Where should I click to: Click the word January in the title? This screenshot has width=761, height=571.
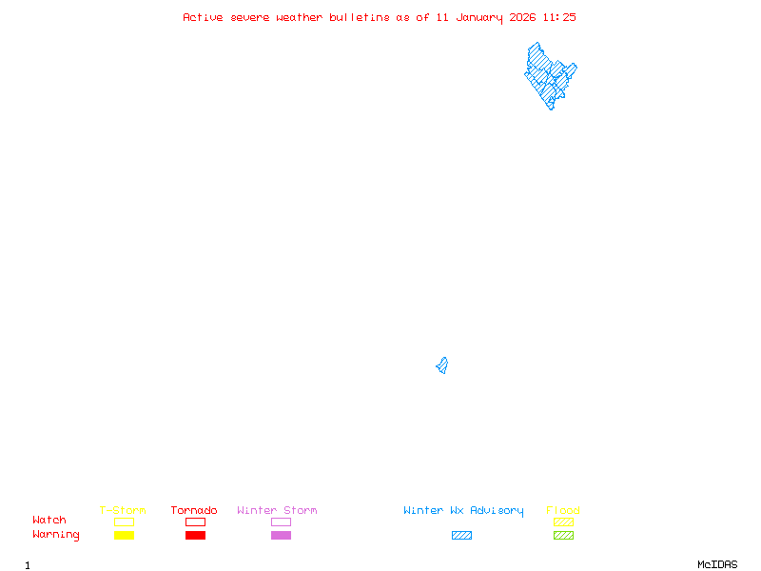click(x=477, y=17)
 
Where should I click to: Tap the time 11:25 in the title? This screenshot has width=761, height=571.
click(x=559, y=17)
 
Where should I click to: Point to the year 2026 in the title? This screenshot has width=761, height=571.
click(x=522, y=17)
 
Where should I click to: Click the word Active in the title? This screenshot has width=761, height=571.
click(x=203, y=17)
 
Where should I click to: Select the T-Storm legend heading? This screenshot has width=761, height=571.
click(x=123, y=511)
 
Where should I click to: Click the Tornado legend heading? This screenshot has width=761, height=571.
click(x=194, y=511)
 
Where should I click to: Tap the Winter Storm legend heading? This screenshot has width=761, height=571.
click(x=277, y=511)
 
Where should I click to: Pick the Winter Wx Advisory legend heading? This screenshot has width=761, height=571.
click(x=463, y=511)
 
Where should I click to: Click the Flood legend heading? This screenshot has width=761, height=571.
click(x=563, y=511)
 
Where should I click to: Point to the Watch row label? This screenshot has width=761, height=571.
click(x=49, y=521)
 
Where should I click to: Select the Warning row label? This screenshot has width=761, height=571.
click(x=56, y=535)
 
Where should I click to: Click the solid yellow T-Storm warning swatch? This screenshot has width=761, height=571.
click(x=124, y=536)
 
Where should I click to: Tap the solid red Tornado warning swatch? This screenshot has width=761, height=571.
click(x=195, y=536)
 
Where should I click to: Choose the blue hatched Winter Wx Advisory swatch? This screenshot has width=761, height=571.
click(x=461, y=536)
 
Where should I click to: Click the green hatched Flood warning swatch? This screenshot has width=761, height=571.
click(x=563, y=536)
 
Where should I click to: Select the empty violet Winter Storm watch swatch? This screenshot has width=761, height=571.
click(x=281, y=522)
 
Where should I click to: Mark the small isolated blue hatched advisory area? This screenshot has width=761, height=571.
click(x=442, y=365)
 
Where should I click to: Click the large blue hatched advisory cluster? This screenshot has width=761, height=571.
click(x=549, y=74)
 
